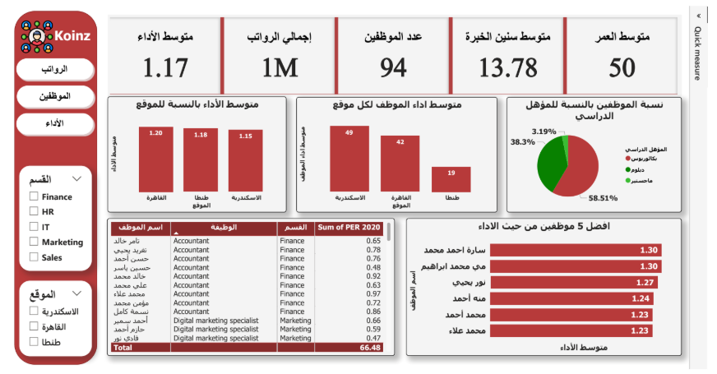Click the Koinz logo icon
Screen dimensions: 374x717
[x=36, y=35]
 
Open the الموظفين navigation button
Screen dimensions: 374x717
[x=54, y=96]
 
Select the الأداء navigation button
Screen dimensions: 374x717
[x=54, y=123]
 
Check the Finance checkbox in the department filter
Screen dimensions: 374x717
[x=34, y=197]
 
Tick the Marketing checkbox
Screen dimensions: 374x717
[x=34, y=242]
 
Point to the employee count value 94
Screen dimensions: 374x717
[x=393, y=67]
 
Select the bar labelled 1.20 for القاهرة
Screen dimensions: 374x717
[x=156, y=159]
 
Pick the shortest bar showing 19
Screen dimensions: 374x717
[x=451, y=179]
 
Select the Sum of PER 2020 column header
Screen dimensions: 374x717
[x=349, y=227]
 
